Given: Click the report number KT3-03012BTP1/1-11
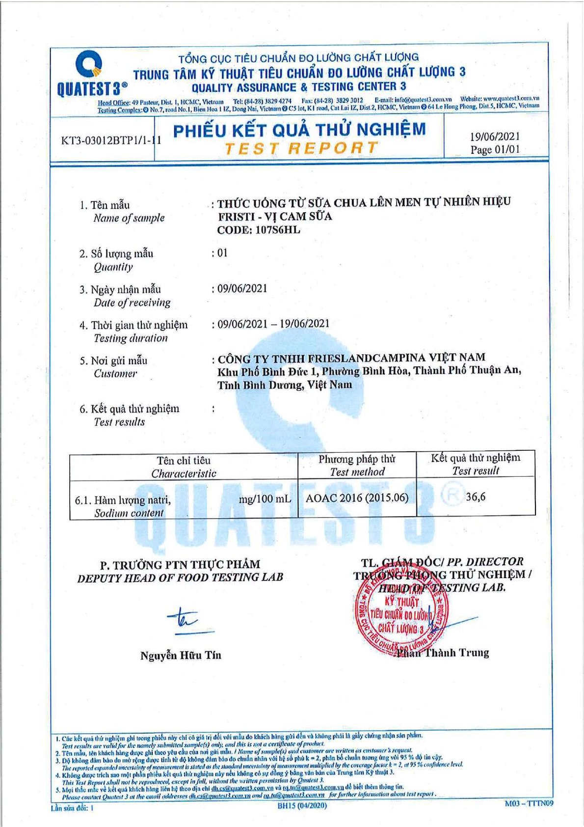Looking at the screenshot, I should tap(111, 140).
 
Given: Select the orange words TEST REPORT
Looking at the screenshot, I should tap(301, 148).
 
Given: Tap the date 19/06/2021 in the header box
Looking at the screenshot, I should tap(495, 137).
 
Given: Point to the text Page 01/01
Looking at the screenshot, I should tap(495, 149).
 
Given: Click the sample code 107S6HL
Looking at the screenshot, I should tap(278, 230).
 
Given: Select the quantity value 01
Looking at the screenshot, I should tap(222, 253).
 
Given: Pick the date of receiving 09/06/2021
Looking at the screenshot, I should tap(242, 288).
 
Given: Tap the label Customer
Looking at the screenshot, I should tap(115, 374).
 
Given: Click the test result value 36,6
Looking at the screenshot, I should tap(476, 497).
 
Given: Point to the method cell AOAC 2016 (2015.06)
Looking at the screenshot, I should tap(357, 498).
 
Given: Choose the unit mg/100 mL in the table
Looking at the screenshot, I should tap(265, 499).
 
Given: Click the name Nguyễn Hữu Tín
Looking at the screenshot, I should tap(181, 655).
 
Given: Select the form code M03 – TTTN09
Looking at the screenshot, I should tap(529, 803).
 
